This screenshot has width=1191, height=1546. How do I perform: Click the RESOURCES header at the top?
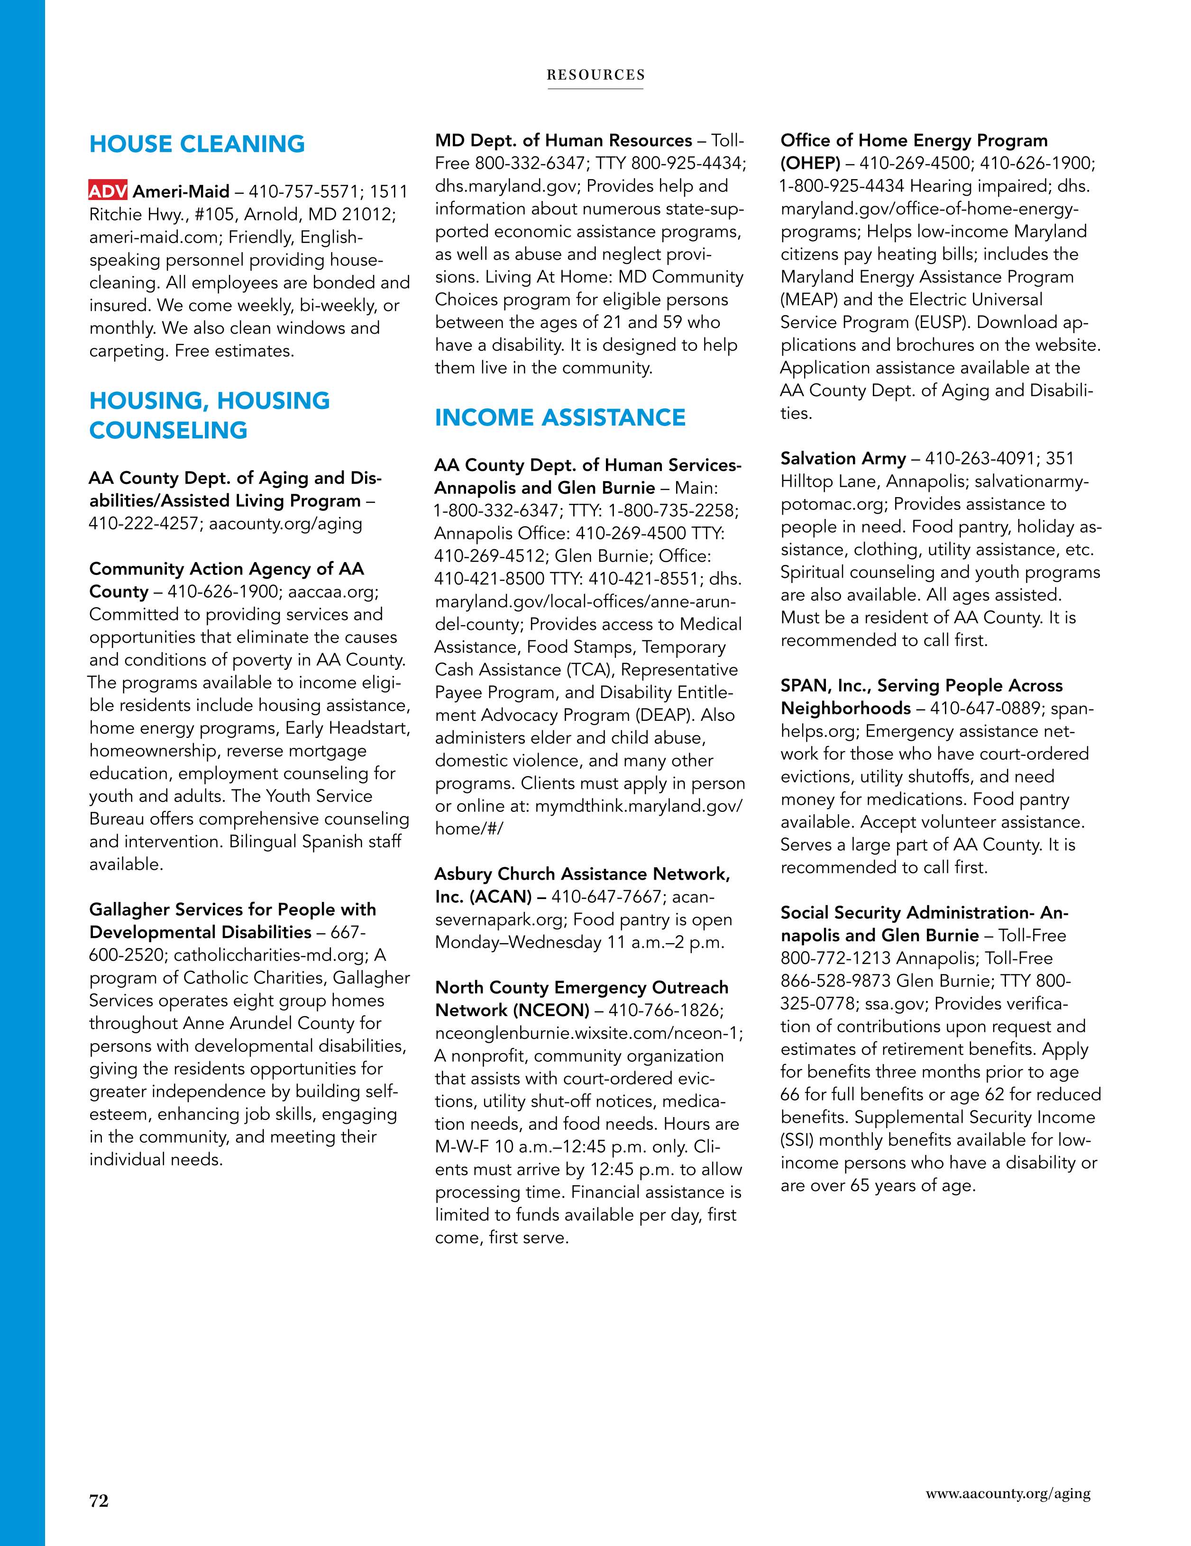click(x=595, y=75)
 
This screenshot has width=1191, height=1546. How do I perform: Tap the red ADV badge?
click(x=108, y=191)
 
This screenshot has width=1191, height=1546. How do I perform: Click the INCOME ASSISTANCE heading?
click(x=559, y=418)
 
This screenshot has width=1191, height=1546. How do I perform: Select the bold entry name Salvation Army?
click(x=843, y=459)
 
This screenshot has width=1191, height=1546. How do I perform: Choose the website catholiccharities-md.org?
click(x=270, y=955)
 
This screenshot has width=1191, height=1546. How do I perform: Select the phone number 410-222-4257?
click(x=147, y=524)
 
